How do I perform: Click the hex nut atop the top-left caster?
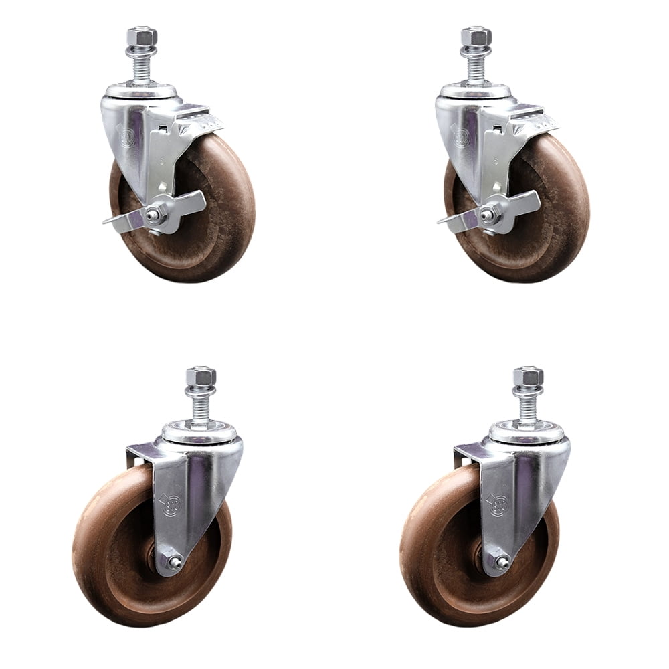pos(141,35)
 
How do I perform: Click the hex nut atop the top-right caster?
pos(476,35)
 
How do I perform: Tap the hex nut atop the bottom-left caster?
pos(201,376)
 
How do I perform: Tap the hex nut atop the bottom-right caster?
pos(528,376)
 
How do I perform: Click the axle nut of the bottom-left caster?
pos(173,563)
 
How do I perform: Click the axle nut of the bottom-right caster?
pos(500,563)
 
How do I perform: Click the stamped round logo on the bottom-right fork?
pos(498,503)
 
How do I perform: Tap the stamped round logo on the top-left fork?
pos(125,138)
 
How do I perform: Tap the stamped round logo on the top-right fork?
pos(460,138)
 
